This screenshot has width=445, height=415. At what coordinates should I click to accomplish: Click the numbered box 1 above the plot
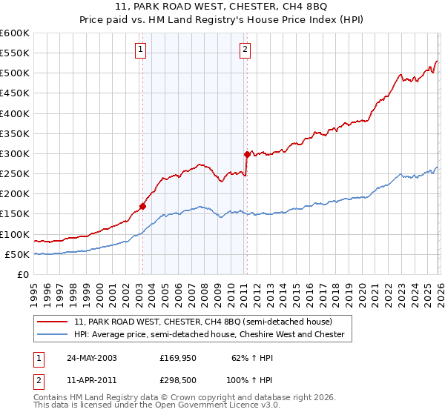(141, 50)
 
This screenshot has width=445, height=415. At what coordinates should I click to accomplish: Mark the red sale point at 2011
(246, 154)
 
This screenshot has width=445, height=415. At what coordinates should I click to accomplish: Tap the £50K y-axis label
(16, 254)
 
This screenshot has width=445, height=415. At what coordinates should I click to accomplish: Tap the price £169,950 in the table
(177, 357)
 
